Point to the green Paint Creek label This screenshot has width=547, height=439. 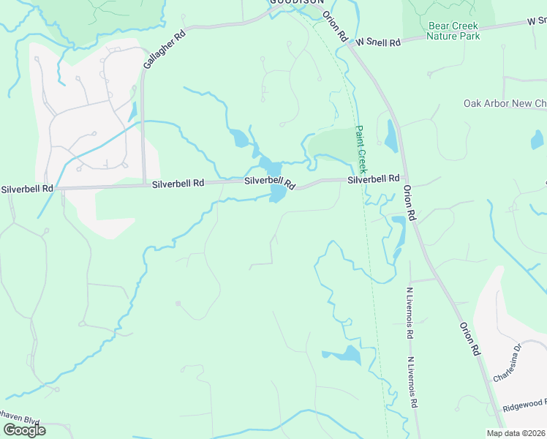click(x=359, y=144)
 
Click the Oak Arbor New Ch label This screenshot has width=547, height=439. click(x=505, y=104)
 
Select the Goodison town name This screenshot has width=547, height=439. click(x=296, y=2)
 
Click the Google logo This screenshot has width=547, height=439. click(x=24, y=430)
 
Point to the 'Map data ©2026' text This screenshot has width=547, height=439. click(x=516, y=433)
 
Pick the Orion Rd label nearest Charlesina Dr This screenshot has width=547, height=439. click(x=470, y=339)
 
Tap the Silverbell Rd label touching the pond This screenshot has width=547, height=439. click(x=269, y=181)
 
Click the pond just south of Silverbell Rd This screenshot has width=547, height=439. click(x=278, y=194)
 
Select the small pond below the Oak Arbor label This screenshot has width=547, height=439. click(x=537, y=139)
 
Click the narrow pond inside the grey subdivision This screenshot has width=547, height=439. click(x=132, y=112)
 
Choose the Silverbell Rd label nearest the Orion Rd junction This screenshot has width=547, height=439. click(x=373, y=179)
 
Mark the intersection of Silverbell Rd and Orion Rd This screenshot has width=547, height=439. click(x=405, y=178)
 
